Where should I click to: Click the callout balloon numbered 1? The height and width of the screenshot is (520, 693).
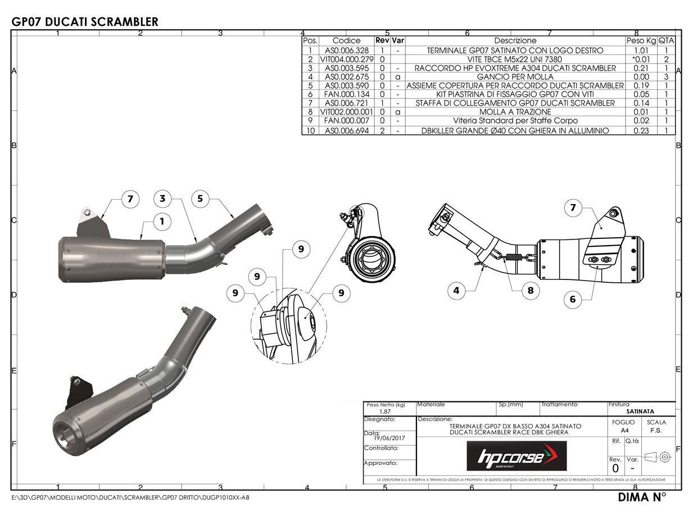[x=162, y=221]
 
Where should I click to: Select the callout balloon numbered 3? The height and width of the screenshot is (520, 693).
[x=162, y=198]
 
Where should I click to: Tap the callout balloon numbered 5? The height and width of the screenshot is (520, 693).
[x=200, y=198]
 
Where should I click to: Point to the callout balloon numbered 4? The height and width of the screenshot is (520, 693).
[x=456, y=291]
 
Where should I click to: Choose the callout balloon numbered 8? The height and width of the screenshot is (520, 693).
[x=530, y=291]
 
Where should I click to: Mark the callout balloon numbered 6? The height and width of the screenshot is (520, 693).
[x=573, y=299]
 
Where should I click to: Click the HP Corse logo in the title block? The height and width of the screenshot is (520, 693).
[x=517, y=456]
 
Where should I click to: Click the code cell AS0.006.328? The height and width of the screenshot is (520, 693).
[x=346, y=51]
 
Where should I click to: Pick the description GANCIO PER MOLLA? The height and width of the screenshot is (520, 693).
[x=515, y=77]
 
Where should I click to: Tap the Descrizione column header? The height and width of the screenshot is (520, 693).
[x=515, y=40]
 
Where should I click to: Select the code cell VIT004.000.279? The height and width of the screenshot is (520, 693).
[x=346, y=59]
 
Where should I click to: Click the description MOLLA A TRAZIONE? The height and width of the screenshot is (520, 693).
[x=515, y=112]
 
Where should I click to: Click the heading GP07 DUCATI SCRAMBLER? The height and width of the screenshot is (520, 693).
[x=85, y=22]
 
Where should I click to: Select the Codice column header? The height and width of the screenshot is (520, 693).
[x=346, y=40]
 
